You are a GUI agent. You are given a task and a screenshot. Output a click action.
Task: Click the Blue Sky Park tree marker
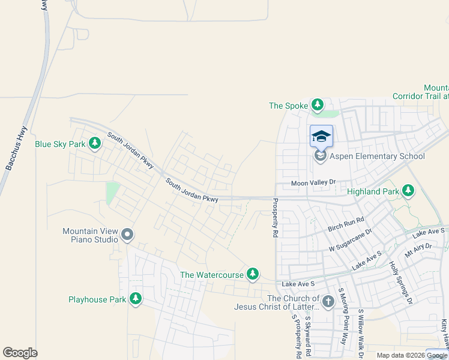[94, 143]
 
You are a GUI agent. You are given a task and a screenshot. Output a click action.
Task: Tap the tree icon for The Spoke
[318, 106]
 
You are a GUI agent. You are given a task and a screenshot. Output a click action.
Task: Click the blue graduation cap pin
[321, 136]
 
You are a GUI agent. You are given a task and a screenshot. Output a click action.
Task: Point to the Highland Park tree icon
[408, 191]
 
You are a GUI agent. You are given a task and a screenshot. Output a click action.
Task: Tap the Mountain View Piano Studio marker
[127, 235]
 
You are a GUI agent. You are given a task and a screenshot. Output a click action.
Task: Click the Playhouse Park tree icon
[136, 298]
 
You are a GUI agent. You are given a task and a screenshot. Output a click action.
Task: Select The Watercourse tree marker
[253, 274]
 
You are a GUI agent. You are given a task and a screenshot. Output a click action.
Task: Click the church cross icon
[328, 302]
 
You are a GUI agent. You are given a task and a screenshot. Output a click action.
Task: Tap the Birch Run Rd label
[346, 224]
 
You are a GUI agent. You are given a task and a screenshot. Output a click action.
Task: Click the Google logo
[20, 353]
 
